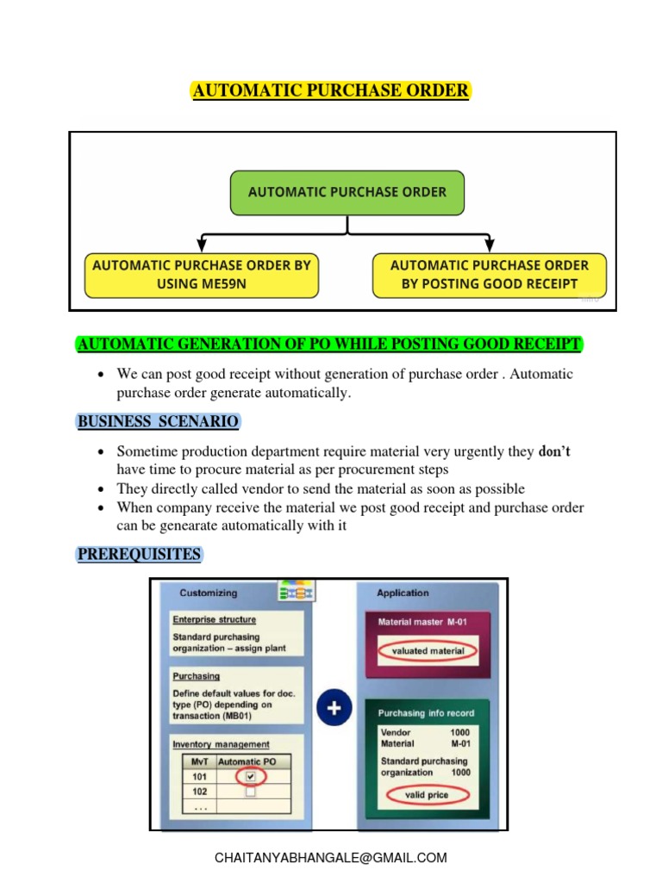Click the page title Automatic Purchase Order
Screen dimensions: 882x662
330,91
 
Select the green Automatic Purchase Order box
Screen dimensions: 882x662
347,192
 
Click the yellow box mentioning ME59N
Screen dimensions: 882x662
201,275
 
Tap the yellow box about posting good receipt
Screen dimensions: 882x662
489,275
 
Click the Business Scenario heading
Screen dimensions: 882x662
158,422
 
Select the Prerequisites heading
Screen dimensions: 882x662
140,554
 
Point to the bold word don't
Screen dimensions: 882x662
554,451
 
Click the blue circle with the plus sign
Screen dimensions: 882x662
334,709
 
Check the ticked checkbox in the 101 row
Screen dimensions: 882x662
250,776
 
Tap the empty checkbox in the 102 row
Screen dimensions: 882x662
250,792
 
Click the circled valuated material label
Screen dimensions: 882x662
428,651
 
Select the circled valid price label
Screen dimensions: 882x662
427,795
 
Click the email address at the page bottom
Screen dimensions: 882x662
331,858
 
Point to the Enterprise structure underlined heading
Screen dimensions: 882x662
214,619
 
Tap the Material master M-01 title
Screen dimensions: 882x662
416,621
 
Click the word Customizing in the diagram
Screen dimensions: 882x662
208,593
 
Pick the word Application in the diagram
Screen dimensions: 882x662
403,593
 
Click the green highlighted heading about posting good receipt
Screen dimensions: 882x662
330,345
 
